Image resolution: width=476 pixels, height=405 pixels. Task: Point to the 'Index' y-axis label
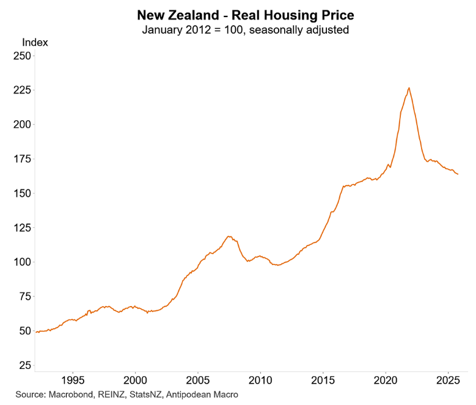click(x=35, y=43)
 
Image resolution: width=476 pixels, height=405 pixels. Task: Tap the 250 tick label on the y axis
click(x=22, y=56)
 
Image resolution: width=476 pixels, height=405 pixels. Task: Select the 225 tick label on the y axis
click(x=22, y=90)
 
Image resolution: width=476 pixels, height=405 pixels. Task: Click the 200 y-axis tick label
click(x=22, y=125)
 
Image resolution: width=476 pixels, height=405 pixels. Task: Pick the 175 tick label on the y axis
click(x=22, y=159)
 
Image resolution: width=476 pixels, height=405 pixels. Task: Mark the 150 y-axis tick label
click(x=22, y=193)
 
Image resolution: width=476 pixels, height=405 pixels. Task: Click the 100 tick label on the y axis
click(x=22, y=262)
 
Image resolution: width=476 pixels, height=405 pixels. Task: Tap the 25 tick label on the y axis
click(x=24, y=365)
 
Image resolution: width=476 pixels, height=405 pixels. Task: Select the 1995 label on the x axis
click(x=73, y=380)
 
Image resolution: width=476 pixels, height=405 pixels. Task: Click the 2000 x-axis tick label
click(x=135, y=380)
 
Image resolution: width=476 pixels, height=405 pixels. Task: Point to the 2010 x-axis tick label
click(x=260, y=380)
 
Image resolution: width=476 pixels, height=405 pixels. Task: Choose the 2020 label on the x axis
click(x=386, y=380)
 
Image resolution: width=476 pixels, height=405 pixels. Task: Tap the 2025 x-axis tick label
click(x=448, y=380)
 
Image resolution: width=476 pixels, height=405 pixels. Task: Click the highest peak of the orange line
click(x=409, y=88)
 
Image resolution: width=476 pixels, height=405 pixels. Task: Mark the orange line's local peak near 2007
click(x=229, y=236)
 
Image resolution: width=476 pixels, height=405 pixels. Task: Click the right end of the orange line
click(x=458, y=174)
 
